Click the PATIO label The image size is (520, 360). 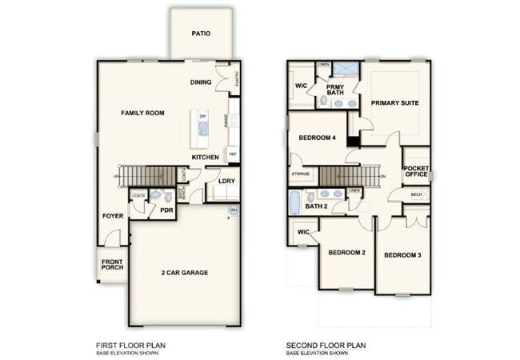coord(201,34)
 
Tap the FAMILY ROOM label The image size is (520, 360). coord(142,114)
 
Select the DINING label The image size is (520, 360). coord(201,82)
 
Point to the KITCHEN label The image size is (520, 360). coord(206,157)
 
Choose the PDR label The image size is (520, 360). coord(166,210)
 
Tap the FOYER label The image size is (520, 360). coord(112,216)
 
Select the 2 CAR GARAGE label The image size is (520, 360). coord(183,273)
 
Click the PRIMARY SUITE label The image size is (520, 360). coord(395,102)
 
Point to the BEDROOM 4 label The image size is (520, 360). coord(317,138)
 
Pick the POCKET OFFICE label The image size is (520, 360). coord(416,171)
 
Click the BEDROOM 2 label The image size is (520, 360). coord(346,253)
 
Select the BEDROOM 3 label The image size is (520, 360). coord(402,255)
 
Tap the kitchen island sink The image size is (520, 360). coord(193,126)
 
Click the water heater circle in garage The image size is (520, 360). coord(234,210)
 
